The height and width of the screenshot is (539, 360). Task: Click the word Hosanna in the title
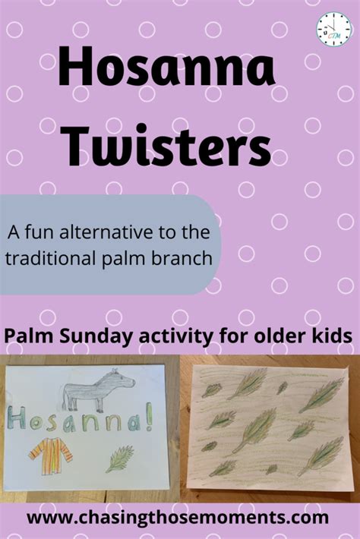click(x=167, y=66)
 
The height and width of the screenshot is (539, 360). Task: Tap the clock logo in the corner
click(x=334, y=29)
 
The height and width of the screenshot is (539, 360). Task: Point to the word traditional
click(x=51, y=258)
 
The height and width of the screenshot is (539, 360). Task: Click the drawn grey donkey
click(x=98, y=389)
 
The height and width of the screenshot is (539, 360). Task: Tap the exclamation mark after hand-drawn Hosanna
click(x=149, y=419)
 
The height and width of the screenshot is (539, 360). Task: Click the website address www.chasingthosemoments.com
click(x=178, y=517)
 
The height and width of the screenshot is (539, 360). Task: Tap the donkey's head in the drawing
click(x=125, y=379)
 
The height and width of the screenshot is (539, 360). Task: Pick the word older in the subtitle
click(x=276, y=336)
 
